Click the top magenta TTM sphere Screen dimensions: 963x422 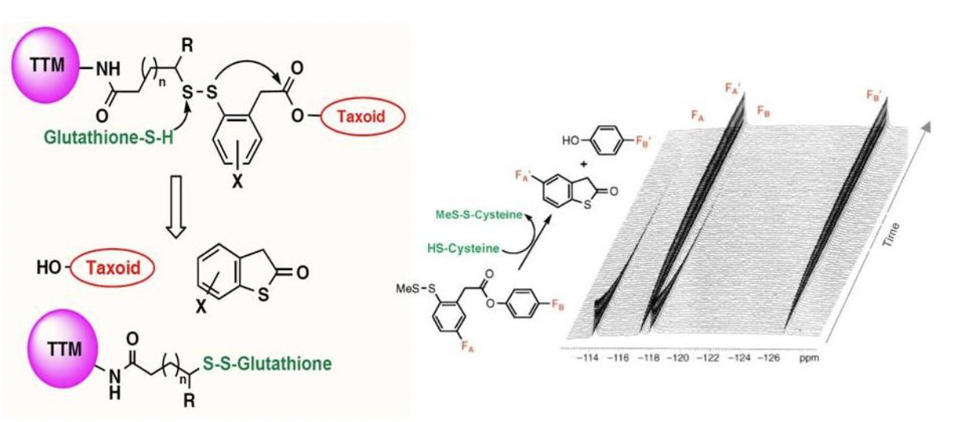(46, 65)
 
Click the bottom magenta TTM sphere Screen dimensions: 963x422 (63, 349)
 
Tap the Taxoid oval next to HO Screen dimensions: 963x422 (113, 268)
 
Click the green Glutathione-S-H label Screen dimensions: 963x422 (109, 138)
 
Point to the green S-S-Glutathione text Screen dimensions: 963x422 (267, 364)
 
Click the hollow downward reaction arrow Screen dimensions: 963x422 (176, 207)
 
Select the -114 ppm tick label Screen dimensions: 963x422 (588, 357)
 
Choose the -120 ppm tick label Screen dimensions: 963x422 (678, 357)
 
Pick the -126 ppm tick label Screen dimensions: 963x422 (768, 357)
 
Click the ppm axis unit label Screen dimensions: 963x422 (809, 358)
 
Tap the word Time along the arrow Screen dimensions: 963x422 (891, 235)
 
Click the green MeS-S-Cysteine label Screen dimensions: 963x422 (479, 214)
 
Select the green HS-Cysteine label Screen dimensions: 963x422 (463, 248)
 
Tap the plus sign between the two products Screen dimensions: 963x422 (584, 164)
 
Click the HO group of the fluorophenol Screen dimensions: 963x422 (572, 141)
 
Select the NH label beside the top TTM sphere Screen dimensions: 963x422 (108, 68)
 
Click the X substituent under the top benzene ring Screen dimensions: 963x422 (238, 183)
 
